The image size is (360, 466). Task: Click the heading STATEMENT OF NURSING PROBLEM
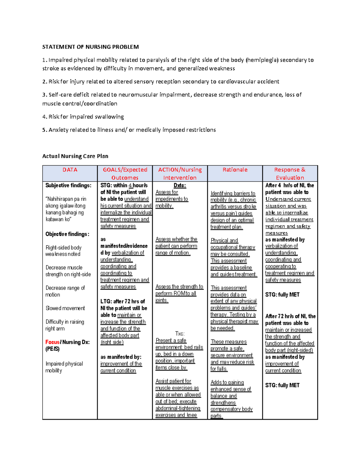tap(90, 47)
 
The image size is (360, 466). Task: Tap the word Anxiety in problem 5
tap(58, 130)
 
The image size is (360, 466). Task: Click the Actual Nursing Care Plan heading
tap(75, 156)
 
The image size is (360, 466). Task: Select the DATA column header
tap(70, 170)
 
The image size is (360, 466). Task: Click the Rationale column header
tap(235, 170)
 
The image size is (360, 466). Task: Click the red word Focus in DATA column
tap(52, 342)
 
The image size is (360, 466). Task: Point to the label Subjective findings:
tap(68, 185)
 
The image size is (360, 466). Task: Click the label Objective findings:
tap(67, 234)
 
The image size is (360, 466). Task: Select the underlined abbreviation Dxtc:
tap(180, 185)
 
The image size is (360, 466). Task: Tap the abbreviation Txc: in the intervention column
tap(180, 334)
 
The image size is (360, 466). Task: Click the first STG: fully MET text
tap(282, 295)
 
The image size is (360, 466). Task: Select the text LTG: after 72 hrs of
tap(122, 301)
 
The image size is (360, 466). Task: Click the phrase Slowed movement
tap(65, 308)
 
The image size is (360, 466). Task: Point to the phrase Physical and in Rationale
tap(224, 240)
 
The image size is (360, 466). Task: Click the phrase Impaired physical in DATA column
tap(64, 364)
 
